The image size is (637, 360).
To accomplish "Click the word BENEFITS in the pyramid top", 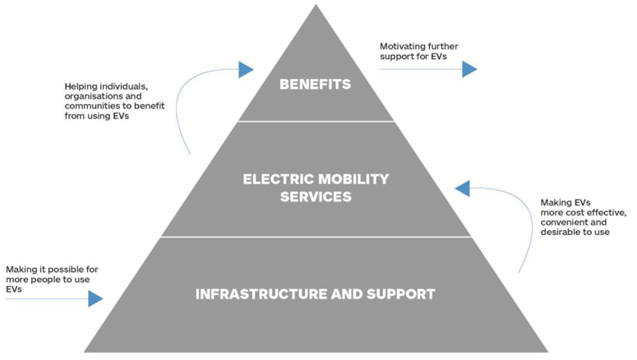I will [x=315, y=84].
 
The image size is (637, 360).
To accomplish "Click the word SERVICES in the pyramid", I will [x=315, y=197].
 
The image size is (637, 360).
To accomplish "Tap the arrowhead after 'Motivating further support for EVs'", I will [x=469, y=69].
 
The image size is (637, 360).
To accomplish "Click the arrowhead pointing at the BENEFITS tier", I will [x=246, y=70].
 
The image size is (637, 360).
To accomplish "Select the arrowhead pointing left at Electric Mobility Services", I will [x=463, y=188].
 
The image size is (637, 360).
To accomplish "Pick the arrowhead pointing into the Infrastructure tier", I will [x=96, y=298].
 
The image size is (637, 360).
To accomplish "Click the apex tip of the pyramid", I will [x=316, y=7].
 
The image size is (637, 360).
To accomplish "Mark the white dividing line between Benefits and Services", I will [x=316, y=122].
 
